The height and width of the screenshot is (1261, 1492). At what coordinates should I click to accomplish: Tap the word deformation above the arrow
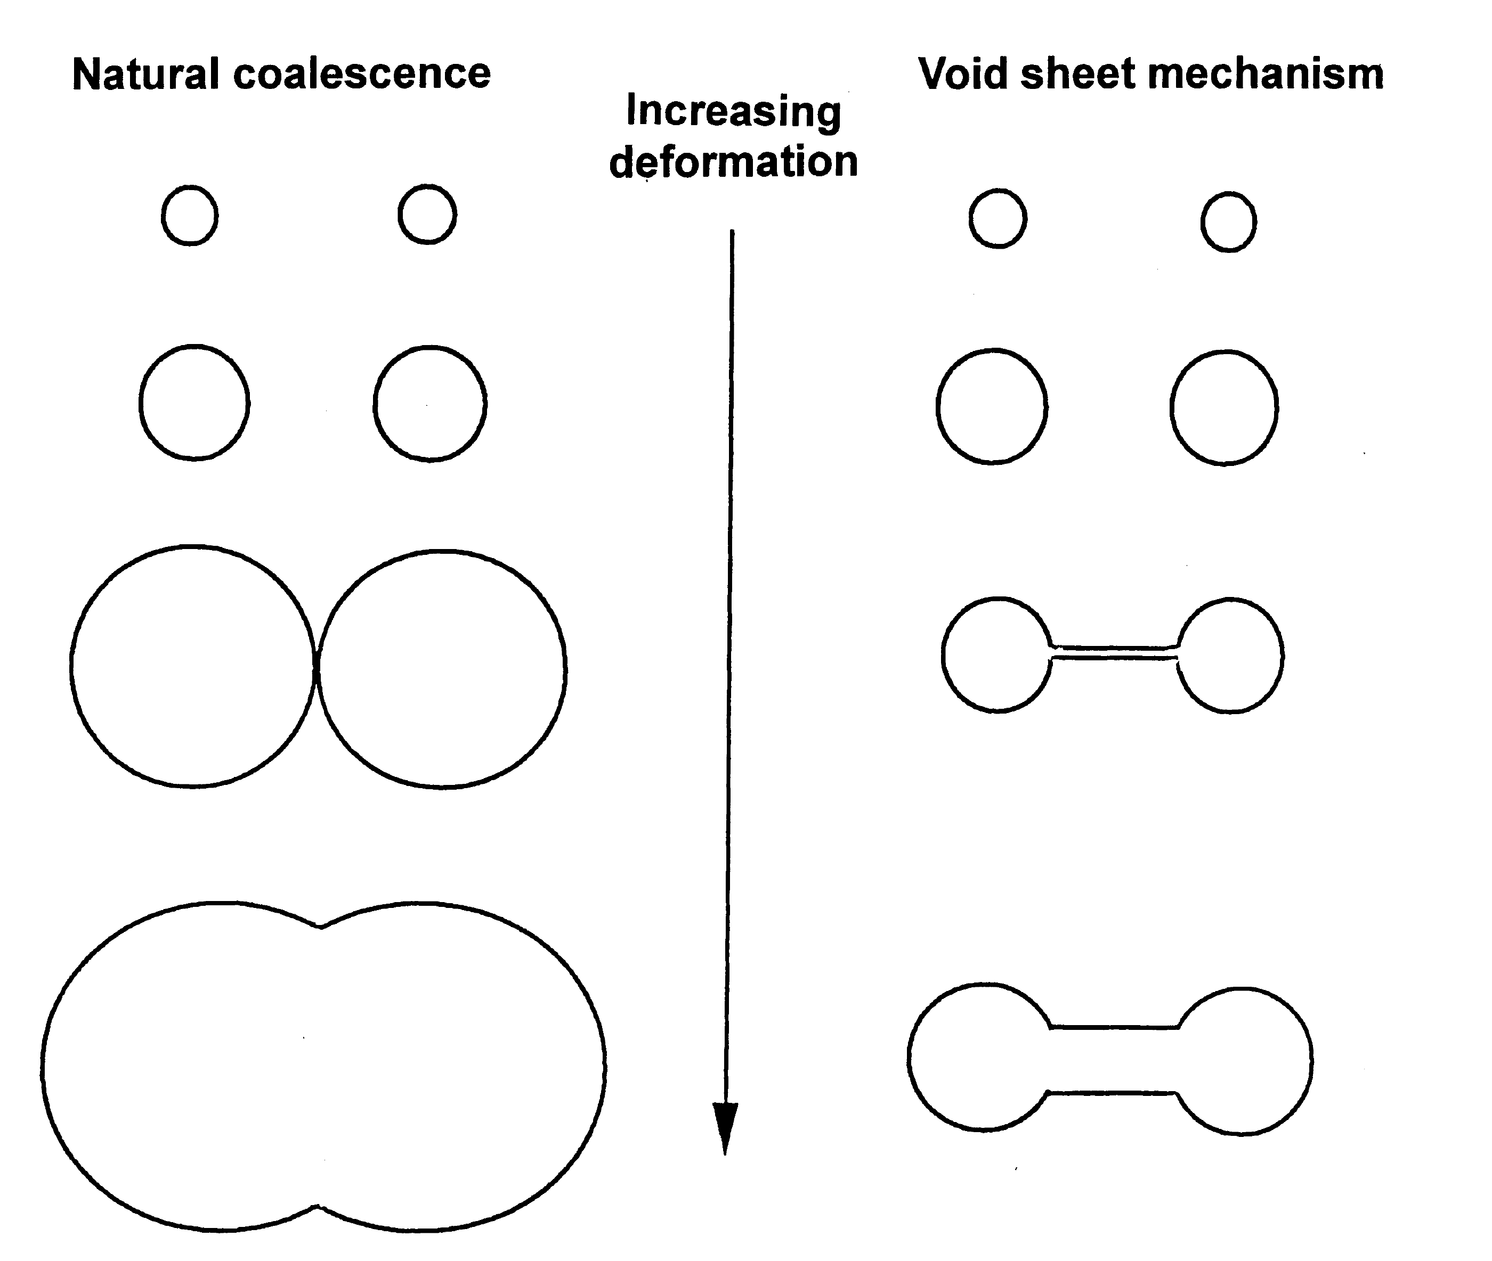[x=733, y=161]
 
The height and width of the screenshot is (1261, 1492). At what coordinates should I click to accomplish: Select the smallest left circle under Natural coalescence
[x=190, y=215]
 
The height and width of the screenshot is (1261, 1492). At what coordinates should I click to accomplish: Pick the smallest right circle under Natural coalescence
[x=427, y=215]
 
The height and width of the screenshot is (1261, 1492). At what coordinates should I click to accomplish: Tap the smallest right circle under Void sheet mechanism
[x=1228, y=222]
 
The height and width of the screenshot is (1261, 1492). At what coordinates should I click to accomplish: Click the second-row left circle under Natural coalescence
[x=194, y=403]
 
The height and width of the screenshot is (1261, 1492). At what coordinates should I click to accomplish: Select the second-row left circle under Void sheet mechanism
[x=992, y=407]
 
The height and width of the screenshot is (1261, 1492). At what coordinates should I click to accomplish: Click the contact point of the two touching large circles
[x=315, y=667]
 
